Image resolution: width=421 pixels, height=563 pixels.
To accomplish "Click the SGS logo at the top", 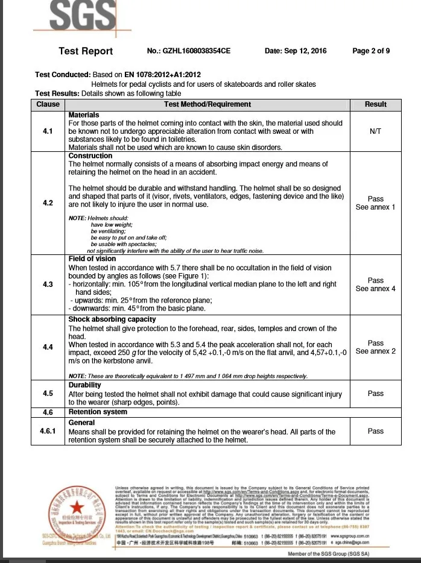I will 74,14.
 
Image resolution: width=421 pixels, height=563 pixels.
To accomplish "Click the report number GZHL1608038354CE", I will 189,51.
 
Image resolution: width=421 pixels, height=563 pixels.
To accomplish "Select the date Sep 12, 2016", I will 296,51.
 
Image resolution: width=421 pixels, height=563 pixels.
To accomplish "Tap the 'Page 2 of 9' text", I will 371,51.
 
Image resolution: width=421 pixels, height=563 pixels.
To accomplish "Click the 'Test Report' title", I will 86,51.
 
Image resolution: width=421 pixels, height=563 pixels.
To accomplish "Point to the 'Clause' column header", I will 48,104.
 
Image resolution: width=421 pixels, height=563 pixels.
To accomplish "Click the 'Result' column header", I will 376,104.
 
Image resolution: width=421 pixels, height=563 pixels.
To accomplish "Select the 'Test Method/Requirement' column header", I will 207,104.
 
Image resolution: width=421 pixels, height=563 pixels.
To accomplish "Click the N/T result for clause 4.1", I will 376,131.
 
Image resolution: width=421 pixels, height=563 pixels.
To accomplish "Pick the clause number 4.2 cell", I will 48,203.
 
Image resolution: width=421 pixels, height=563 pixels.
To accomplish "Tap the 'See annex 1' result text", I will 376,207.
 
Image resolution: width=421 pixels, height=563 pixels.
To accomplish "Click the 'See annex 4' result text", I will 376,289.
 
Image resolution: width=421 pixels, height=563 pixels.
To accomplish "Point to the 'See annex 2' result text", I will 376,351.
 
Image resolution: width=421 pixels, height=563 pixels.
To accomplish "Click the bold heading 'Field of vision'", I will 92,259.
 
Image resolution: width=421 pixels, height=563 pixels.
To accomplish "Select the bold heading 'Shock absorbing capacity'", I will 112,319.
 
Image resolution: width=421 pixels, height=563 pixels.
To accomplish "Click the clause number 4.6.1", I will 48,432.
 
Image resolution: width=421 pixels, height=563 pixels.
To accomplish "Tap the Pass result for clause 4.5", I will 376,394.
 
